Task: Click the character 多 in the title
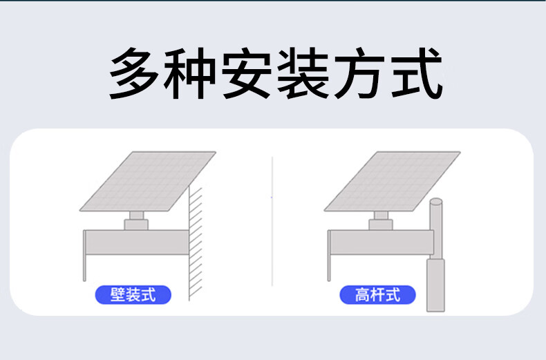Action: pos(134,73)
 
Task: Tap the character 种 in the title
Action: pos(190,73)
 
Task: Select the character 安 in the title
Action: pos(247,73)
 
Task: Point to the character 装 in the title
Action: pos(303,73)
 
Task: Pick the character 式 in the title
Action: pos(417,73)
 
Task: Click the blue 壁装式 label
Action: pos(133,295)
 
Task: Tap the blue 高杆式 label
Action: pos(377,295)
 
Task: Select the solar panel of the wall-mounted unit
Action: pos(148,181)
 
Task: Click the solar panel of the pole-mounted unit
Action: pos(393,181)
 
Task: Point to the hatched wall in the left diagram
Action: pos(196,244)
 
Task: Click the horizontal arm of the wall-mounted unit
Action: pos(137,243)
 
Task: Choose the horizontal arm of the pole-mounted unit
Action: pos(382,243)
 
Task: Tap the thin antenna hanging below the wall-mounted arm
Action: pos(84,267)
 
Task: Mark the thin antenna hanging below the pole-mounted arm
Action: pos(329,267)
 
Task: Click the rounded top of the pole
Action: pos(436,202)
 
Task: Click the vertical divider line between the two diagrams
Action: pos(272,221)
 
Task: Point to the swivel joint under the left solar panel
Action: pos(137,220)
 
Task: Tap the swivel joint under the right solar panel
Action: pos(381,220)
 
